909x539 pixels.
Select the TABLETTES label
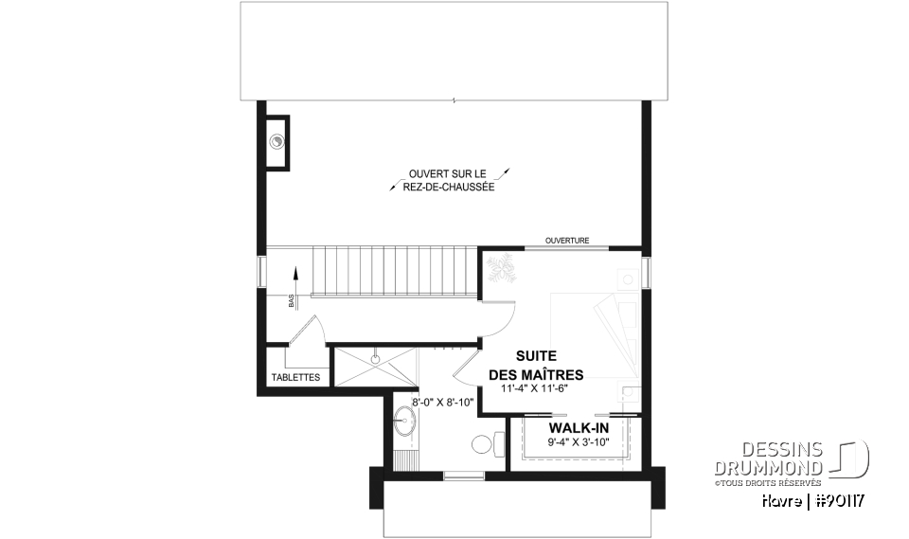(295, 377)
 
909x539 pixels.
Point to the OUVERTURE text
(567, 241)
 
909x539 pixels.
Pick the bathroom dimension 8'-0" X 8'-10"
(442, 401)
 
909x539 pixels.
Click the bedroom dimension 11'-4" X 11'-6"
(535, 387)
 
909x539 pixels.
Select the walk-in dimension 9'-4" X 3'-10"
(578, 442)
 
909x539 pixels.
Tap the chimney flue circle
(277, 142)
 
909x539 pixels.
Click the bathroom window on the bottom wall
(463, 476)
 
